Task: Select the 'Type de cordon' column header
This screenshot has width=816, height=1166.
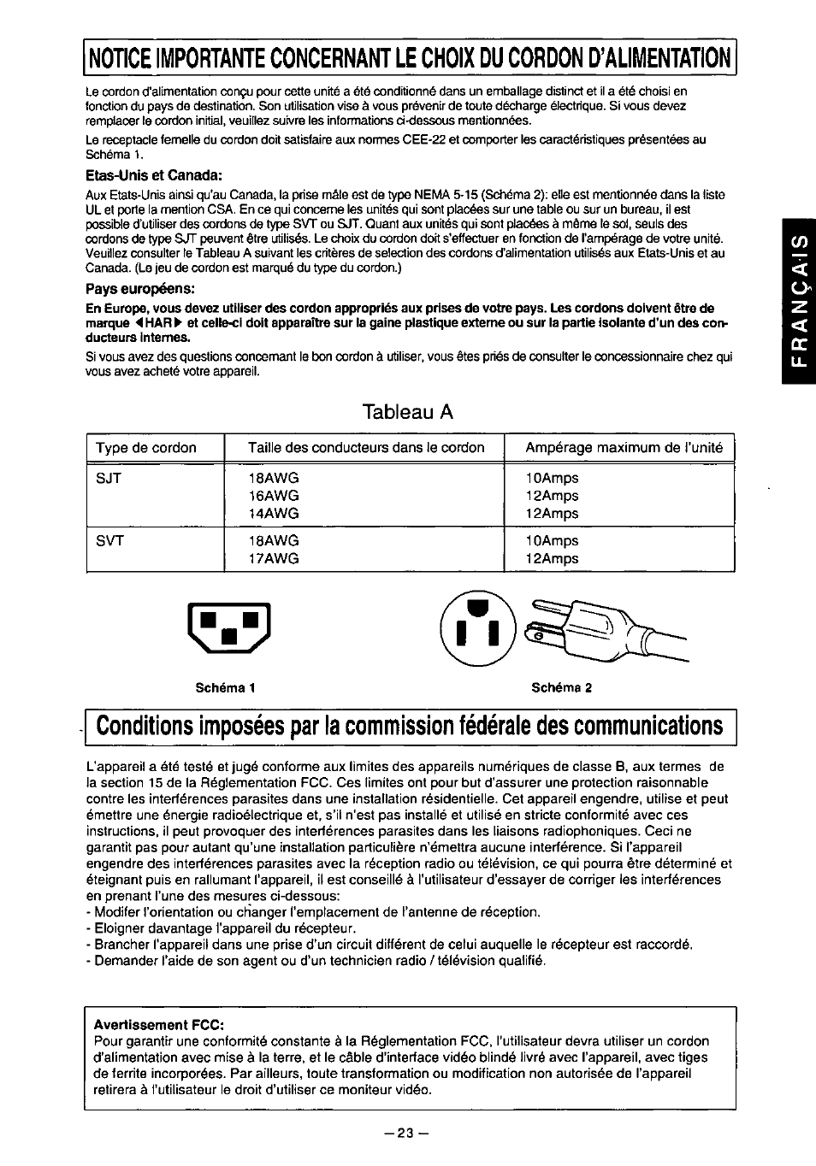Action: tap(146, 448)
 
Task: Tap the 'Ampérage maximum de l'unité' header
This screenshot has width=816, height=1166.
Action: tap(624, 447)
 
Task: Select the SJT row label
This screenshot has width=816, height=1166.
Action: tap(109, 478)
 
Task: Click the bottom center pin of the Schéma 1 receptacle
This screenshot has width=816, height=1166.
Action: tap(228, 636)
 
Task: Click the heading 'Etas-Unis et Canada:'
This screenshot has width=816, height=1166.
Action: tap(154, 175)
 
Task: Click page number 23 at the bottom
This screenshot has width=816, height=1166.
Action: tap(405, 1134)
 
